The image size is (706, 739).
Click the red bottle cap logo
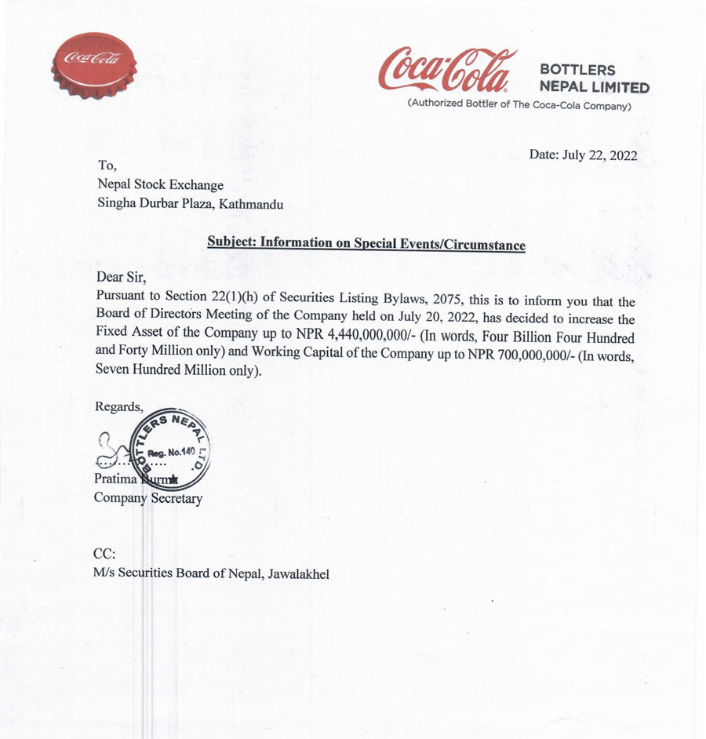[93, 64]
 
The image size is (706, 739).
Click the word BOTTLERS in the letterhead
[578, 70]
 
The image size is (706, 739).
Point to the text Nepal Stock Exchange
[160, 185]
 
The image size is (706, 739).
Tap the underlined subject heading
[366, 243]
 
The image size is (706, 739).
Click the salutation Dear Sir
[121, 277]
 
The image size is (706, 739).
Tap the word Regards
[118, 406]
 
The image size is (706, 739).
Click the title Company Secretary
[147, 498]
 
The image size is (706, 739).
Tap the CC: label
[104, 554]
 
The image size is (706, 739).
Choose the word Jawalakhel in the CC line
[299, 574]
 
